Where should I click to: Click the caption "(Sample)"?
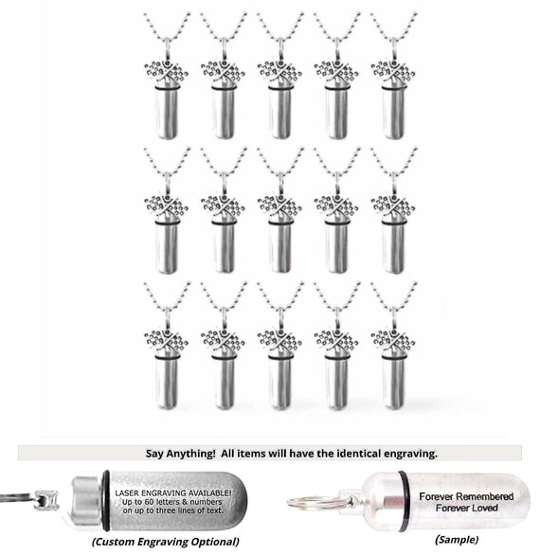click(457, 539)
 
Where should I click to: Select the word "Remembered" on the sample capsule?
click(486, 496)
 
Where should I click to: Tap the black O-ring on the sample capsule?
click(404, 501)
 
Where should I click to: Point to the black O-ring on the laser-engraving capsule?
click(106, 500)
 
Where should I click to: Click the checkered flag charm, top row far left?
click(166, 72)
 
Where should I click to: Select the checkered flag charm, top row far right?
click(393, 72)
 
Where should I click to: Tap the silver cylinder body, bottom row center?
click(279, 384)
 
